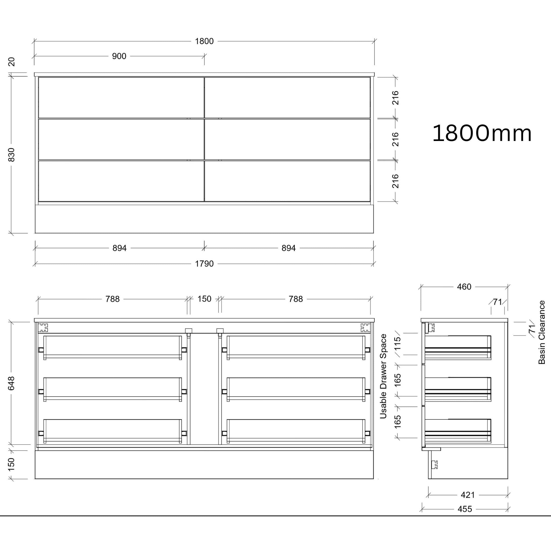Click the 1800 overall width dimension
coord(204,41)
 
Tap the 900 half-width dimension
coord(119,56)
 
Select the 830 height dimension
coord(11,155)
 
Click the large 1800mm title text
coord(482,133)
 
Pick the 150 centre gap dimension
coord(204,299)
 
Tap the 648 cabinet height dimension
coord(11,383)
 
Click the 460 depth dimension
coord(464,287)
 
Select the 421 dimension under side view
coord(468,495)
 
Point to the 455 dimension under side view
coord(465,509)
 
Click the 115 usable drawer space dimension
coord(398,344)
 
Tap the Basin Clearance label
coord(541,332)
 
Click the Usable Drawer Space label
coord(383,376)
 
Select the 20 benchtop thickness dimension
coord(11,62)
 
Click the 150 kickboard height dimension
coord(11,465)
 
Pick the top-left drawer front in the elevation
coord(121,98)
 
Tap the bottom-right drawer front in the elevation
coord(287,181)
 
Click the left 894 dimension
coord(119,248)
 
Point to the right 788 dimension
coord(295,299)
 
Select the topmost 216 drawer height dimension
coord(395,98)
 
